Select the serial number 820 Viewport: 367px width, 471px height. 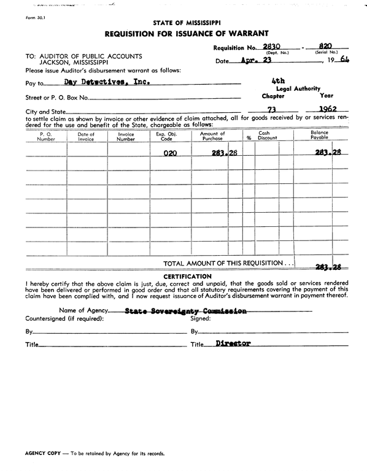tap(325, 46)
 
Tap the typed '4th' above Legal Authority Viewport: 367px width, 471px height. tap(277, 80)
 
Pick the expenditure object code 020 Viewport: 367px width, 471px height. tap(170, 153)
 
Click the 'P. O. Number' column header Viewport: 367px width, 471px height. tap(46, 136)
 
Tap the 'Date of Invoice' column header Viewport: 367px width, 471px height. tap(87, 136)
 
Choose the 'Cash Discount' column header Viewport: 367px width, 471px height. tap(267, 136)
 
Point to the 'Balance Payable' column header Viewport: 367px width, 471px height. tap(319, 136)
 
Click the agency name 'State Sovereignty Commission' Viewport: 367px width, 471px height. tap(185, 311)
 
